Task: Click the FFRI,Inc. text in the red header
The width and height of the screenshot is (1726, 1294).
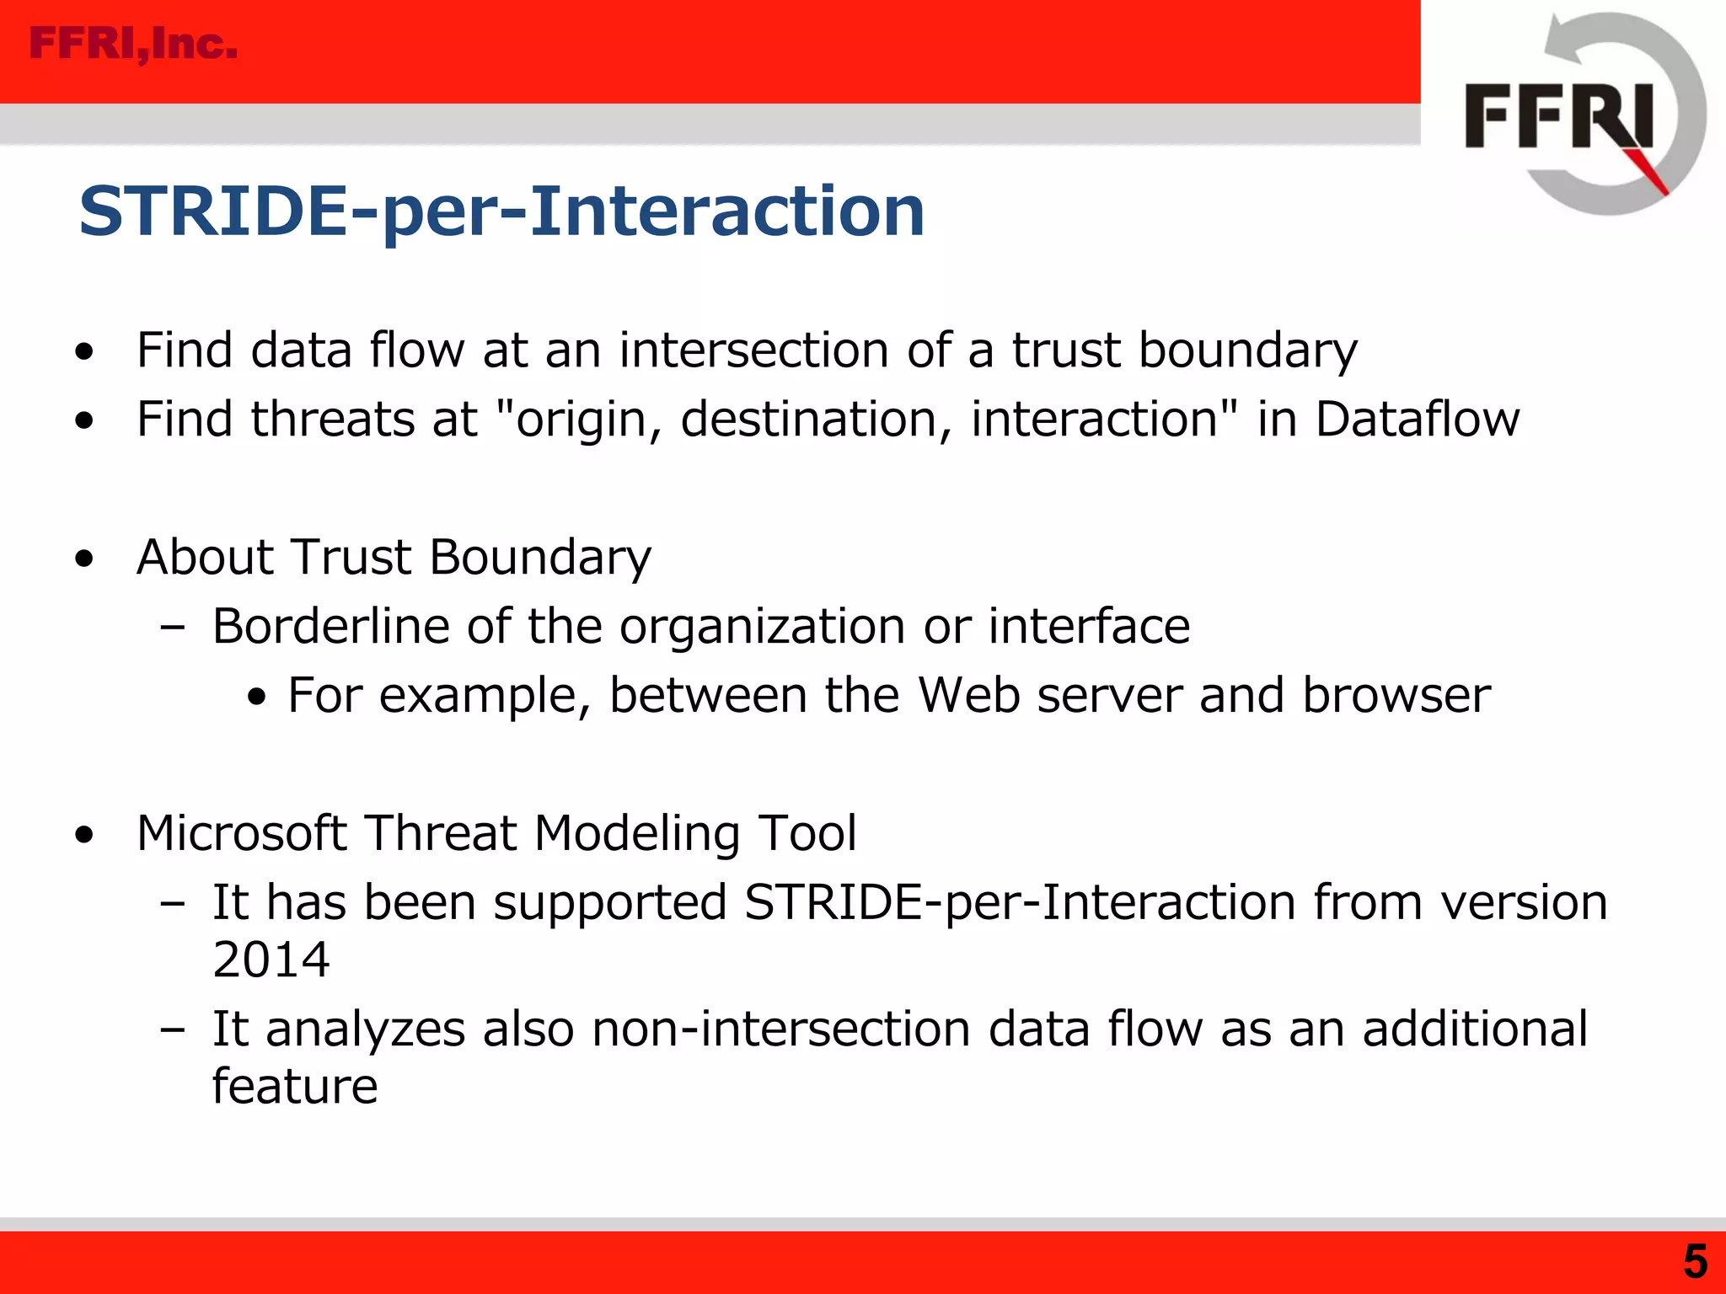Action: (x=133, y=44)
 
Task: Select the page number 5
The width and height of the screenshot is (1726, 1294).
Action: (x=1695, y=1262)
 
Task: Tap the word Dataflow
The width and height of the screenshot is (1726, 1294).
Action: (x=1418, y=419)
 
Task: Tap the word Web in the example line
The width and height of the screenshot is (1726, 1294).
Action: (x=968, y=695)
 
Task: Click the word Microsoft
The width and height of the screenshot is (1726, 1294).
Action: (x=242, y=833)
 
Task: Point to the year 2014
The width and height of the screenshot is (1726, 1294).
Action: (x=271, y=960)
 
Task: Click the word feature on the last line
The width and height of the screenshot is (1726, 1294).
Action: (x=294, y=1086)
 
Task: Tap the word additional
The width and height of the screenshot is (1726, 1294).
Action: (x=1475, y=1029)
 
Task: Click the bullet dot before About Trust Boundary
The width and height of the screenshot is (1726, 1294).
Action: (x=84, y=559)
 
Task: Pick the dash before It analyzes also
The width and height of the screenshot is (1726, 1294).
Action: (x=172, y=1029)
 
